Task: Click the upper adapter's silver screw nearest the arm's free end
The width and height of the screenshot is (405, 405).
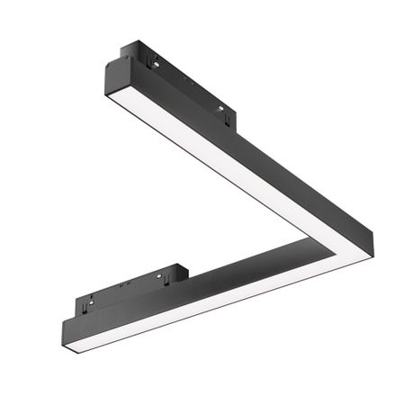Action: pos(155,64)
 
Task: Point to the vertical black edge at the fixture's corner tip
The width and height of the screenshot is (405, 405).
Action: pos(370,251)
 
